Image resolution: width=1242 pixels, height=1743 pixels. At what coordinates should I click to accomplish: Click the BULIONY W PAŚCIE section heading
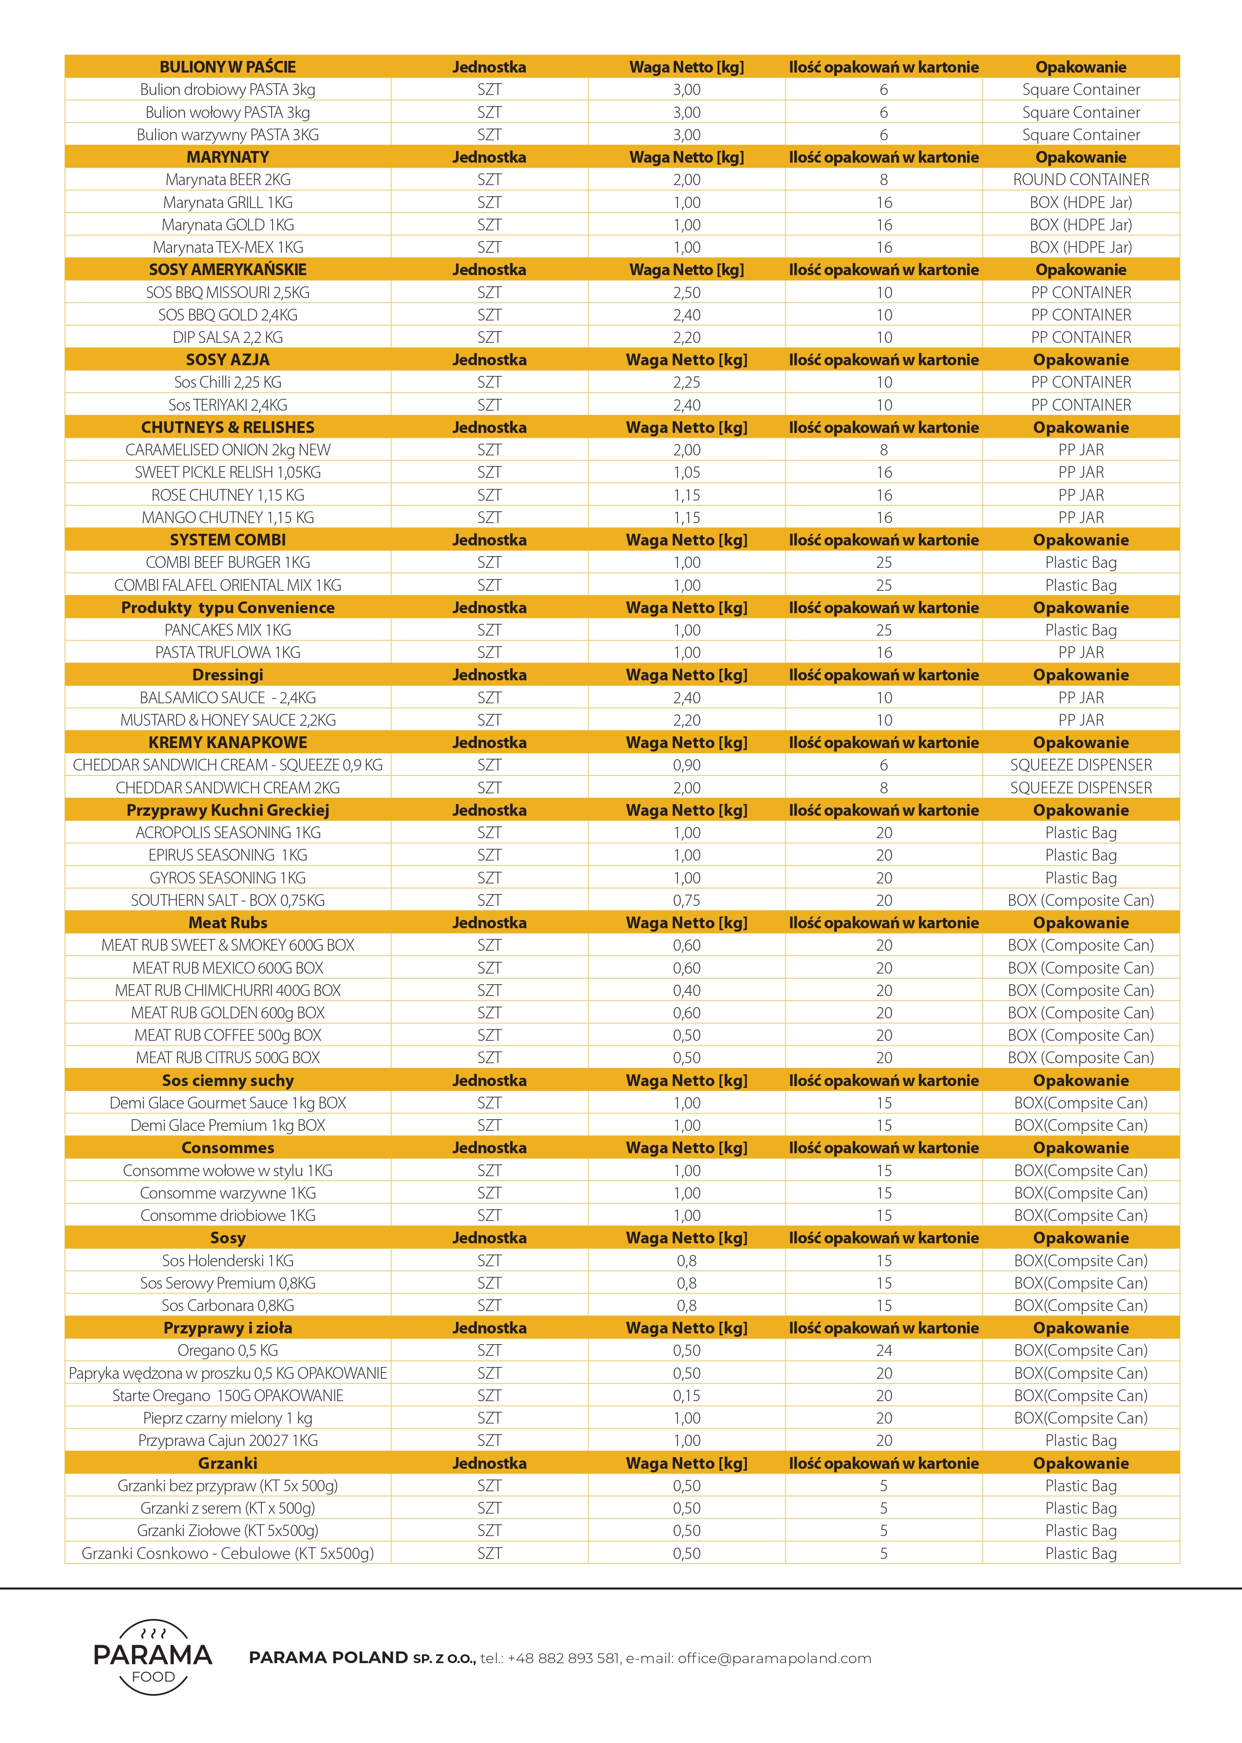tap(227, 67)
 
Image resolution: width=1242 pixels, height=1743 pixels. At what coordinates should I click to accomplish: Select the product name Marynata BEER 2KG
tap(227, 180)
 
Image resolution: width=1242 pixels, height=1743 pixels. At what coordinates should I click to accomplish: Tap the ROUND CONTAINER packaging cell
tap(1080, 180)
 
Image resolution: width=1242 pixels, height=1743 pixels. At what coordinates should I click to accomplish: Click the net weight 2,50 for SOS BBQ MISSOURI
tap(686, 292)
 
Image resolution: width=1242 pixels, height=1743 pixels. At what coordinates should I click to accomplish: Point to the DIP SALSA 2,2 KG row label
tap(227, 337)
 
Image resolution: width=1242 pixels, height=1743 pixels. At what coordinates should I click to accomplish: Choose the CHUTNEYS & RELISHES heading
tap(227, 428)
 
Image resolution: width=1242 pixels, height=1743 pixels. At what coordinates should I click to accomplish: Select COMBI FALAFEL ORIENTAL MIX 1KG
tap(227, 585)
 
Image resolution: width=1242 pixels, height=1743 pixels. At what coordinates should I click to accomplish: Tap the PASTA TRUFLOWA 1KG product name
tap(227, 653)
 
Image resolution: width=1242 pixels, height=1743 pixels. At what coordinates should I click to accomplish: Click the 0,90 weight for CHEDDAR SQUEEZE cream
tap(686, 765)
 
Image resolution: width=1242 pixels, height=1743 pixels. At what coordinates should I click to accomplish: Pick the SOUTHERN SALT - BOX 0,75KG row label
tap(227, 900)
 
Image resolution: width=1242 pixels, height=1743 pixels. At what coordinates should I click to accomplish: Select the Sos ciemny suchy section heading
tap(227, 1080)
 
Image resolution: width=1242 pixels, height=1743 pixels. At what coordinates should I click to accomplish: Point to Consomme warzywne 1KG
tap(227, 1193)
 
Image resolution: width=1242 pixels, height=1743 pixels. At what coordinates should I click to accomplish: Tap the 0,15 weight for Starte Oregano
tap(686, 1396)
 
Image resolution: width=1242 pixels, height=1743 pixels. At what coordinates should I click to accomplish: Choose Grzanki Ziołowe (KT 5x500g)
tap(227, 1530)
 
